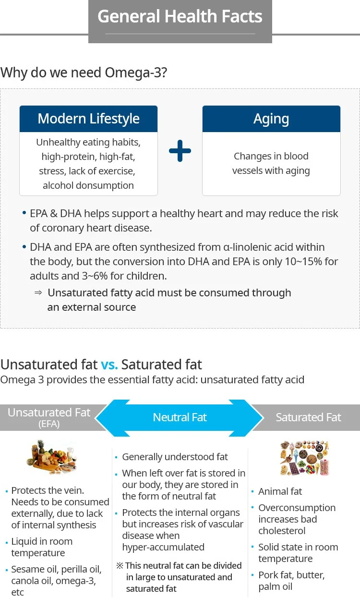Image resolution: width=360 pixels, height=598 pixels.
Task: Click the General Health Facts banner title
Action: point(180,17)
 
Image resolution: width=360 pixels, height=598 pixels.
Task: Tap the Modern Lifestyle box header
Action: point(88,119)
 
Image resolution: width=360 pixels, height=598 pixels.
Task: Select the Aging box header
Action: point(271,119)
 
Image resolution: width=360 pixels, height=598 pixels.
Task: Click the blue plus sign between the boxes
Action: point(180,151)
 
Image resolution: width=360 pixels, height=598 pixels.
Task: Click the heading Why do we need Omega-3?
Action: point(84,73)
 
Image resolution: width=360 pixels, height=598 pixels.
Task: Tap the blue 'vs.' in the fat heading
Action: point(109,364)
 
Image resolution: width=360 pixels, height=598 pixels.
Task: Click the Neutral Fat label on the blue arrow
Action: point(180,417)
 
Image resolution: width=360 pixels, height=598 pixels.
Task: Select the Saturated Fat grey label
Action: point(308,417)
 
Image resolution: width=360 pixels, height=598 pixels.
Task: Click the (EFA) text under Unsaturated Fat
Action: point(49,424)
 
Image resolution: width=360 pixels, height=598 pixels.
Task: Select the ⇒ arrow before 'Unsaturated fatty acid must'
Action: point(38,293)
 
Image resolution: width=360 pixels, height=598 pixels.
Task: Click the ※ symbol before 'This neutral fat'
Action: point(120,566)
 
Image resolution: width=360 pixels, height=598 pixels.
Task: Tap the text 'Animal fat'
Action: point(280,491)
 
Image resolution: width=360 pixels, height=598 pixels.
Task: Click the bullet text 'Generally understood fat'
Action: point(175,457)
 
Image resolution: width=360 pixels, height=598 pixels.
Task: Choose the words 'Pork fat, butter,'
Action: point(291,575)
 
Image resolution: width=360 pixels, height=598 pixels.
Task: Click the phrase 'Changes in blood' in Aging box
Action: point(271,156)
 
